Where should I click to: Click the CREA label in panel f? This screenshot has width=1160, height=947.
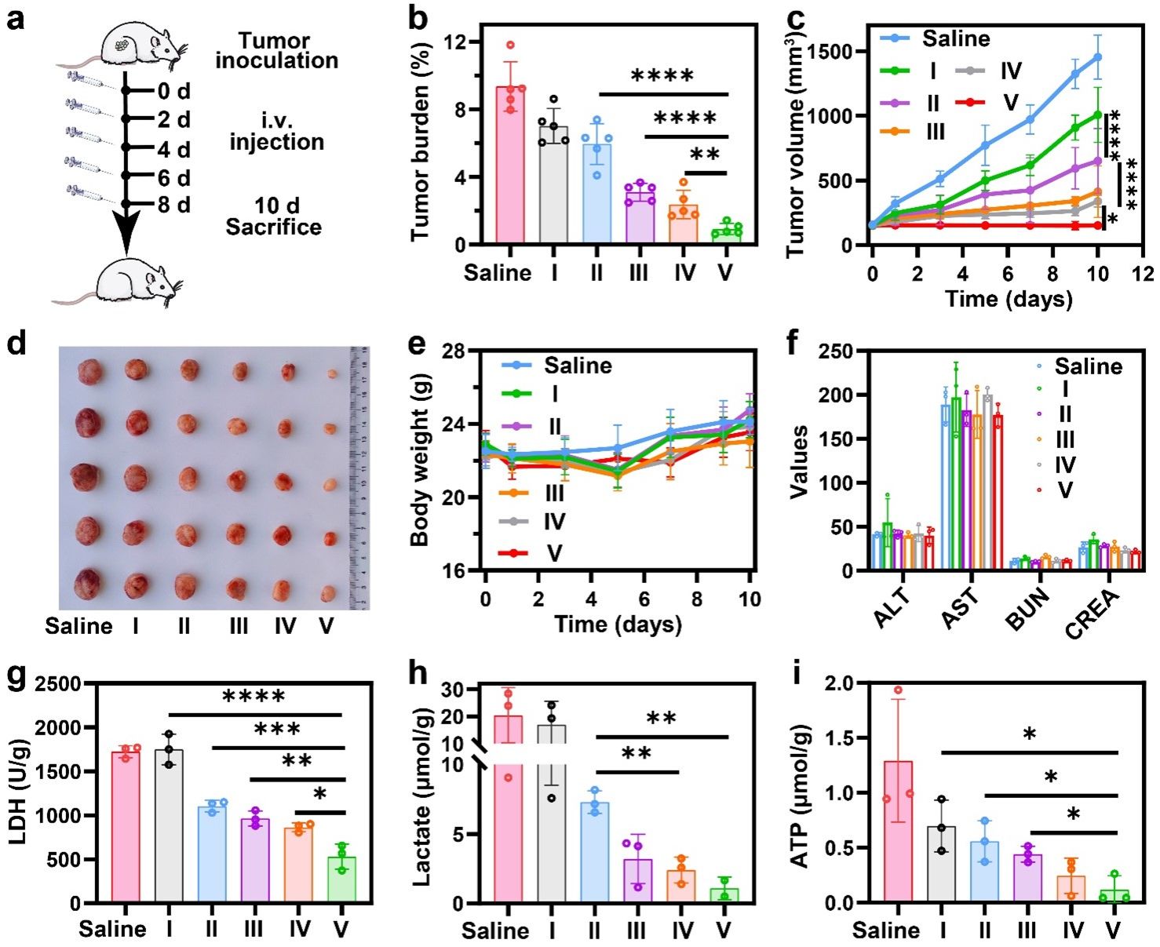pyautogui.click(x=1093, y=613)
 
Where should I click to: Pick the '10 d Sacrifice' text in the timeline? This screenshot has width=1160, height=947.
pyautogui.click(x=274, y=217)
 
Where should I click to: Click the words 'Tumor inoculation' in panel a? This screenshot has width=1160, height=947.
pyautogui.click(x=277, y=50)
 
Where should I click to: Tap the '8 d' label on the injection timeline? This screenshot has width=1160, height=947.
pyautogui.click(x=173, y=205)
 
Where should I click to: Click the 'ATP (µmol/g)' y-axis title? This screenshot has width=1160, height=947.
pyautogui.click(x=799, y=792)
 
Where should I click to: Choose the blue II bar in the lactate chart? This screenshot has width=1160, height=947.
pyautogui.click(x=594, y=852)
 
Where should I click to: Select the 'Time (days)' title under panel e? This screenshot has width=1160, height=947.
pyautogui.click(x=618, y=625)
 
